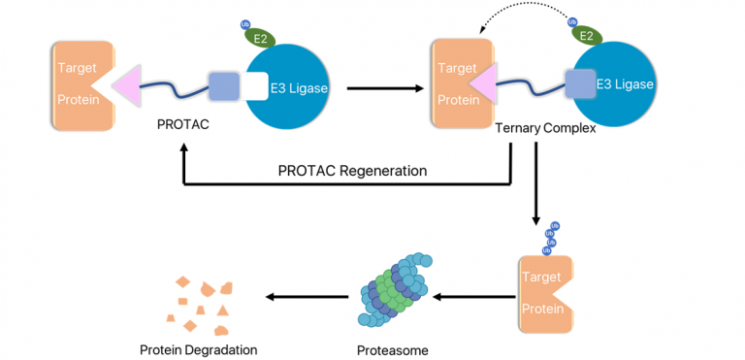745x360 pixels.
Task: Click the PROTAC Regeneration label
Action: [x=352, y=170]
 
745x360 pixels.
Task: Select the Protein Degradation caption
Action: [x=199, y=349]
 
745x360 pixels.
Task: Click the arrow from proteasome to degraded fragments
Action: [x=301, y=298]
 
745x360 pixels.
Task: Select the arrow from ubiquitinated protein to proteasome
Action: [x=471, y=298]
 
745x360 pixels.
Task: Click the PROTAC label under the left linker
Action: [x=184, y=126]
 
